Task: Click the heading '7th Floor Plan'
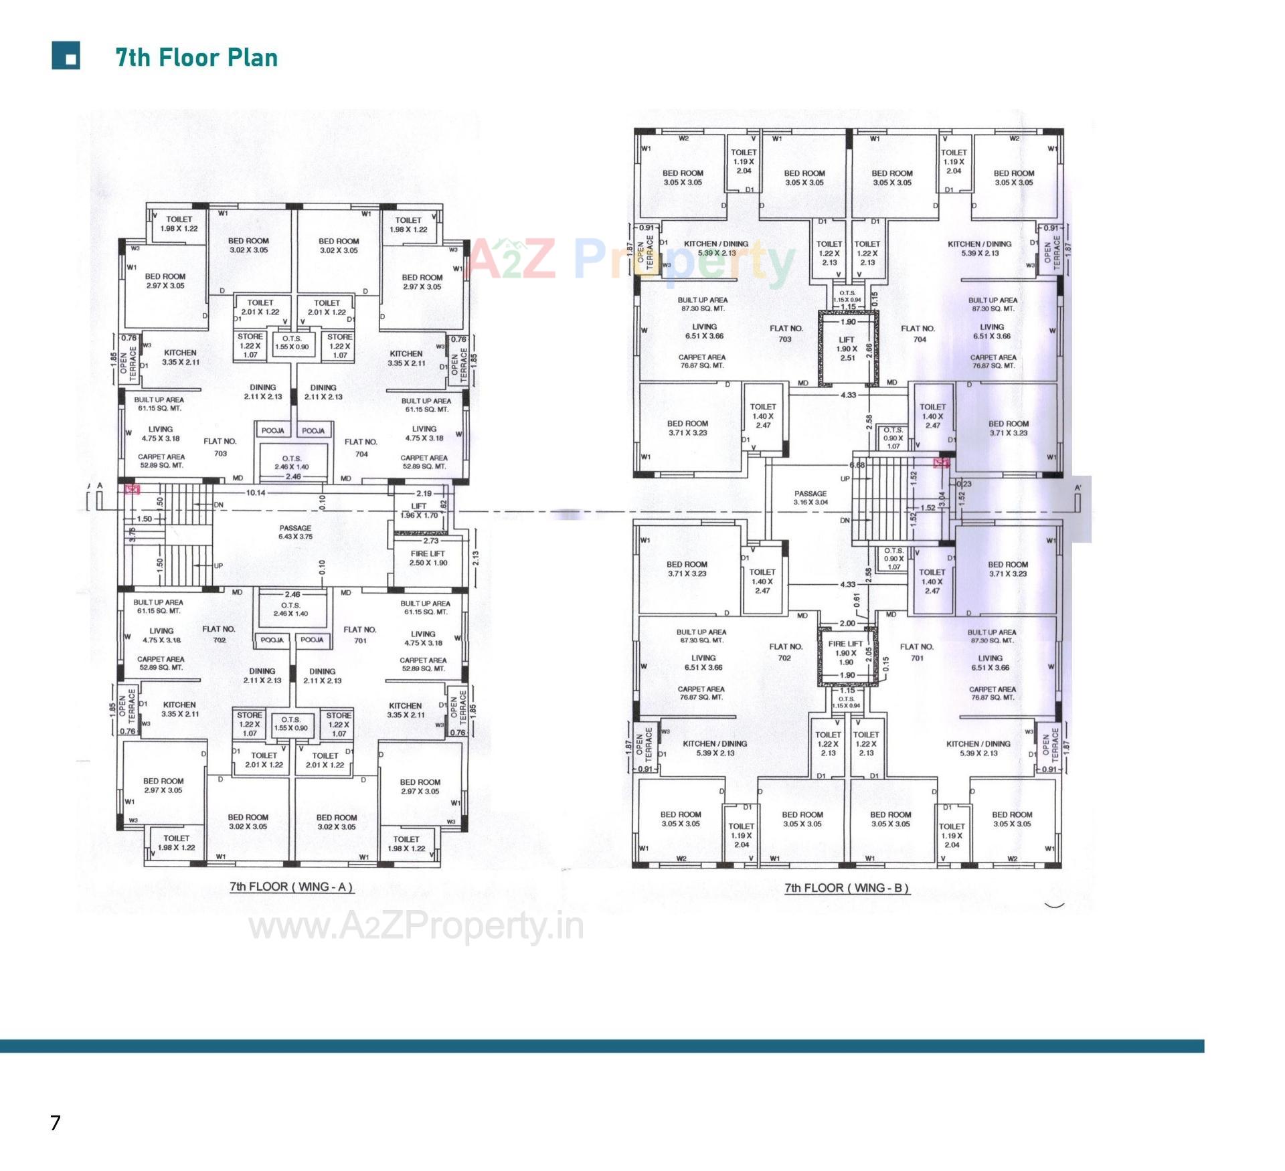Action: coord(196,58)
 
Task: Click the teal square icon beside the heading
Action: coord(66,56)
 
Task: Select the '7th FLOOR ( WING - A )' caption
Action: coord(291,887)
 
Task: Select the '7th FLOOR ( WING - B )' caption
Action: coord(847,888)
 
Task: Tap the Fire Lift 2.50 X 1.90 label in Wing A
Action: coord(428,558)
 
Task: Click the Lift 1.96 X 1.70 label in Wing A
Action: coord(419,511)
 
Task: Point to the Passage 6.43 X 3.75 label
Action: coord(295,532)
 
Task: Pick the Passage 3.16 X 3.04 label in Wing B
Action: coord(810,497)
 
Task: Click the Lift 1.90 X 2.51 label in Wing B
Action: coord(847,349)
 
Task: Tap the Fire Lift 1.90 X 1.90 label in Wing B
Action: coord(846,652)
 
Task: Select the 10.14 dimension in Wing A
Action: coord(256,492)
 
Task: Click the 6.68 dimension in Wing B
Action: coord(857,465)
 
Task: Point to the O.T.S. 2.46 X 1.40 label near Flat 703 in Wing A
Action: coord(292,462)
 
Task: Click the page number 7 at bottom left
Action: coord(56,1122)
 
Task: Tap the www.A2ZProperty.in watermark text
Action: coord(416,927)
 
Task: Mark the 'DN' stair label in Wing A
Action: coord(219,505)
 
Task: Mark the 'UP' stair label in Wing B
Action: coord(845,478)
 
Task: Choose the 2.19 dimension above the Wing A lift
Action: coord(424,493)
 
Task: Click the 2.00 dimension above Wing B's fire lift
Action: coord(847,623)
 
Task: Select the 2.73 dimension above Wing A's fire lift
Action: coord(430,541)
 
